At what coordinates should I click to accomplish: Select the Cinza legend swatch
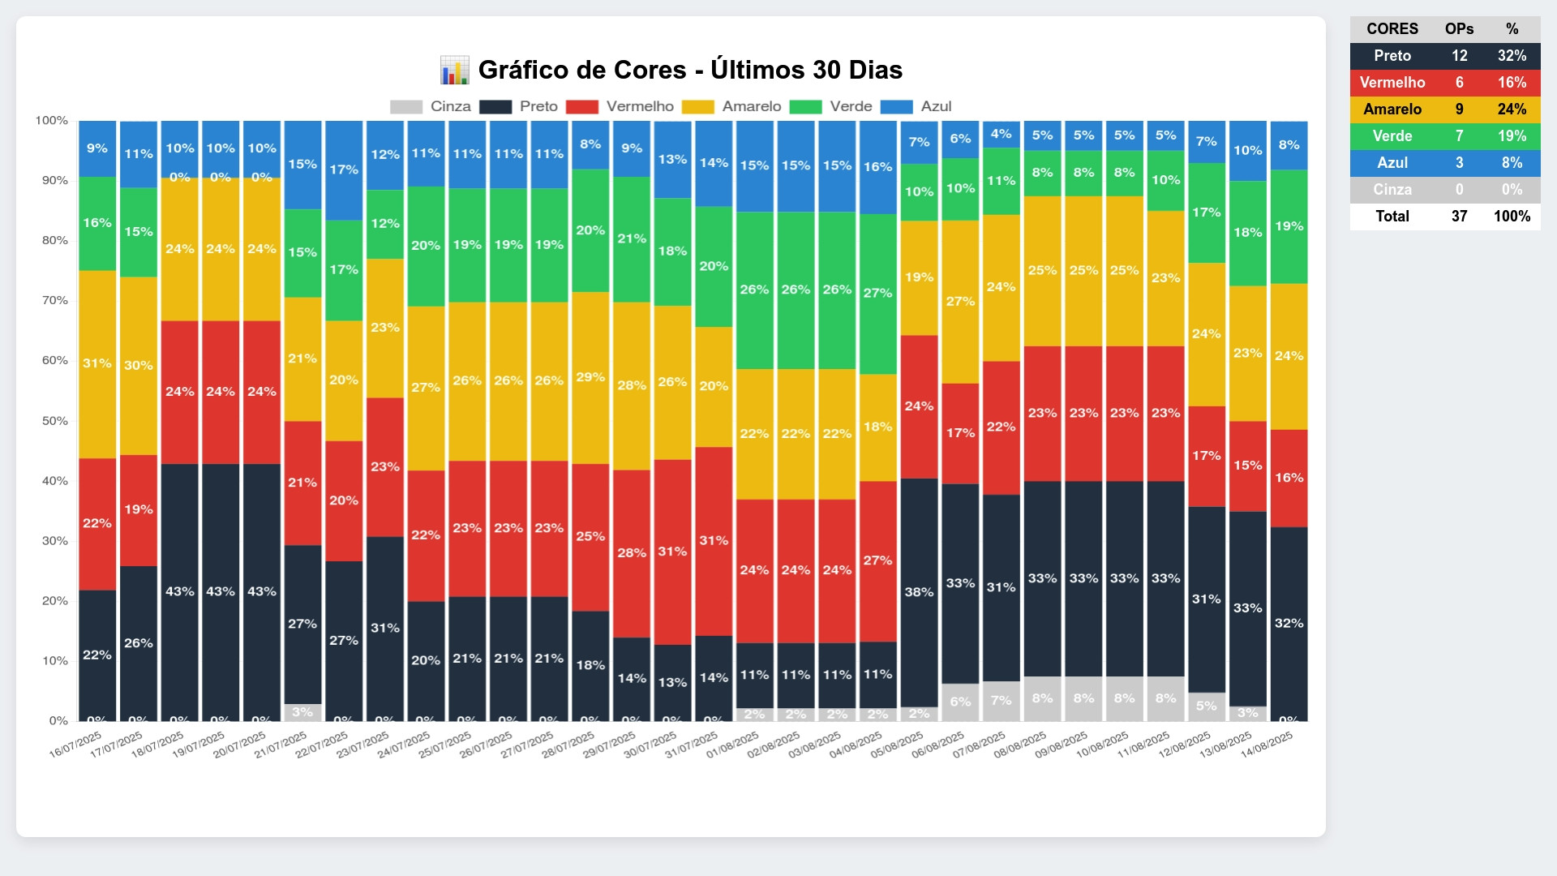406,107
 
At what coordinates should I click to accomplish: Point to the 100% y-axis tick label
52,121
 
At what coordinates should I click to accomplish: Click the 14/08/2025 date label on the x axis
1267,744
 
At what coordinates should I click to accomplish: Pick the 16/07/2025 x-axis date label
75,744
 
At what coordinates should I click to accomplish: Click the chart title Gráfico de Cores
690,70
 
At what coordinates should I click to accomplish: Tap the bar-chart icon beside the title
454,71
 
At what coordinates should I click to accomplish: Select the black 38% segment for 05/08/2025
919,592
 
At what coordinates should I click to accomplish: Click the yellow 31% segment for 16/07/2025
97,363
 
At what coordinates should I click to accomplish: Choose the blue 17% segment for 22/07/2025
344,170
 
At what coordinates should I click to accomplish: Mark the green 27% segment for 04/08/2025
877,294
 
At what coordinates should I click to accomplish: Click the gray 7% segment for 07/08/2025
1001,700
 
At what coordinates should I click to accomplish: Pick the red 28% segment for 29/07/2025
632,553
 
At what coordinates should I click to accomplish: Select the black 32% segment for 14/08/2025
1289,623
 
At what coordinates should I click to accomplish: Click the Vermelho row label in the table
1392,83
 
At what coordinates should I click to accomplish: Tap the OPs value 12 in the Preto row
1459,56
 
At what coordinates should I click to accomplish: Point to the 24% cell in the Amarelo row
1512,109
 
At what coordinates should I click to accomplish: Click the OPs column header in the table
1459,29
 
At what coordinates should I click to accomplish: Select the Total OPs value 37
1459,217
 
